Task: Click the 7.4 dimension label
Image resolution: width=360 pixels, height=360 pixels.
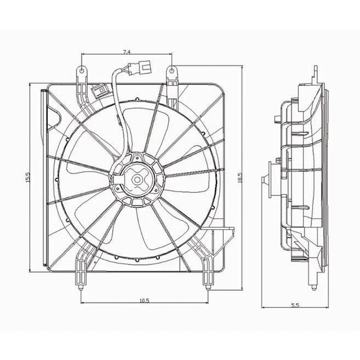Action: click(x=126, y=51)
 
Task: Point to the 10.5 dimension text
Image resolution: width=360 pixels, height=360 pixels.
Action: click(x=144, y=300)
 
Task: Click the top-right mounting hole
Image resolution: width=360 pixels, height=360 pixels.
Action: click(x=171, y=70)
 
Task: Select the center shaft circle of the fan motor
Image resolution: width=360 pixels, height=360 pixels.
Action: click(x=137, y=180)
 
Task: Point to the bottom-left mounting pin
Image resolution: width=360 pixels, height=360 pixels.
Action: click(x=81, y=288)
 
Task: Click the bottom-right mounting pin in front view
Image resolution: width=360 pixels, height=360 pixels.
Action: click(x=208, y=288)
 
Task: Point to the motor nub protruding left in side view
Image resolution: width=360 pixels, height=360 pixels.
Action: click(x=264, y=180)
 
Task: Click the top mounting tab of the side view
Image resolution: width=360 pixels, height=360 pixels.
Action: click(x=315, y=71)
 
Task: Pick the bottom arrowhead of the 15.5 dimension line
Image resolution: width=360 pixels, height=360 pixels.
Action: click(x=30, y=270)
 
